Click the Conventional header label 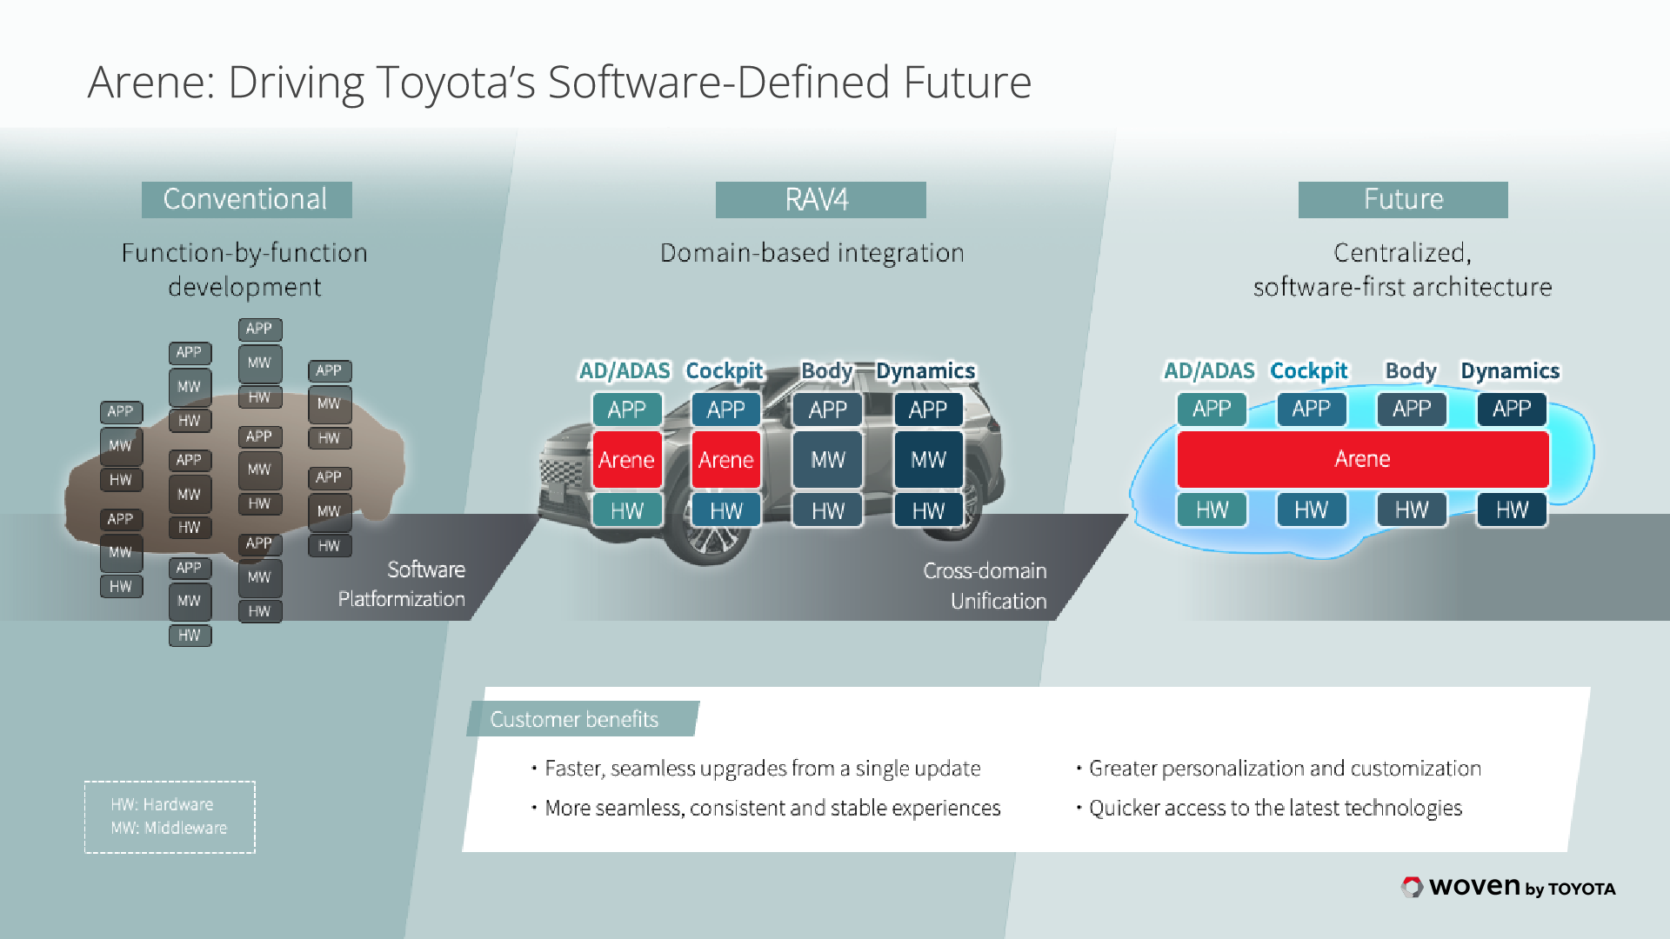(x=246, y=199)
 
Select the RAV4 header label (x=819, y=199)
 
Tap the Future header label (x=1402, y=199)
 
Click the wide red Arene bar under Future (x=1362, y=459)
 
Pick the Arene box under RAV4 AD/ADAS (x=626, y=459)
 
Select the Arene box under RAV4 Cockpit (x=725, y=459)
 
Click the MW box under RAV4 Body (x=827, y=459)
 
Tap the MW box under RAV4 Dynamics (x=928, y=459)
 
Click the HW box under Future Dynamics (x=1512, y=509)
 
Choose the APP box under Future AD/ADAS (x=1211, y=409)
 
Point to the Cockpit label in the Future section (x=1308, y=371)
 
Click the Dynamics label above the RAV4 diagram (x=925, y=371)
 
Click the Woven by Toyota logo (x=1508, y=887)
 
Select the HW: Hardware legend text (x=162, y=804)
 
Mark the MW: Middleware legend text (x=169, y=828)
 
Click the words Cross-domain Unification (x=985, y=585)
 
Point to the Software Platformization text (x=403, y=583)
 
